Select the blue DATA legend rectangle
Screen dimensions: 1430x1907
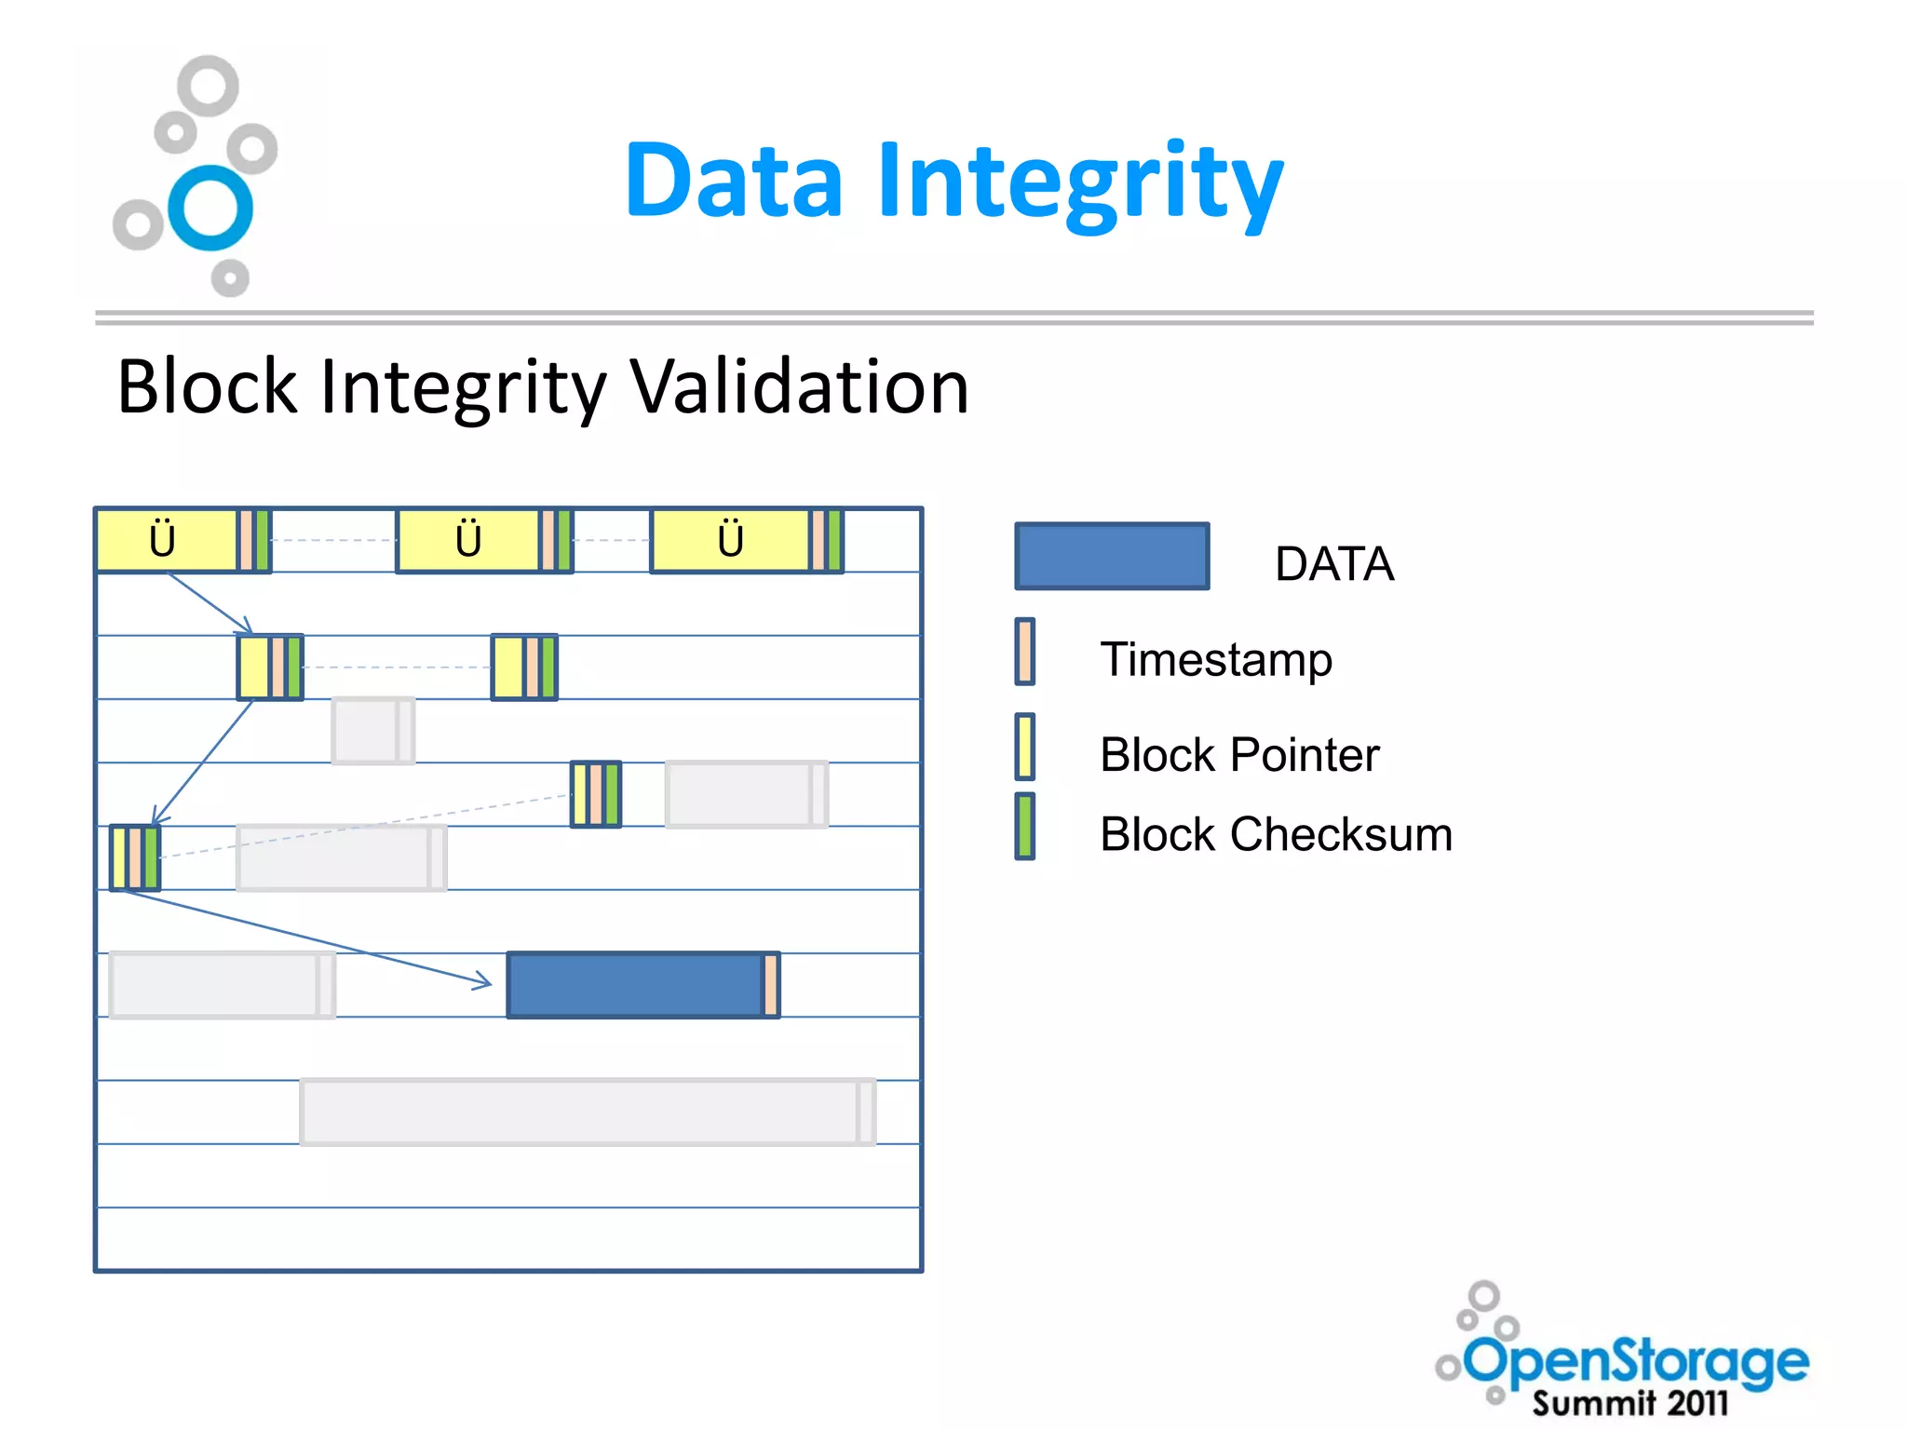click(1112, 556)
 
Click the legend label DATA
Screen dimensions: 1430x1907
click(1333, 564)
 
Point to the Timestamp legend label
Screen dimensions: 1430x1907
click(1215, 659)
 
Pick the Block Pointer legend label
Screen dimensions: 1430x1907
click(1238, 754)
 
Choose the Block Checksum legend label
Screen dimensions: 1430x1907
click(1275, 834)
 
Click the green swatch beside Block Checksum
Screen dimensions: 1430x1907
click(1024, 826)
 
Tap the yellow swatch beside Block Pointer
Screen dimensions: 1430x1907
click(1024, 746)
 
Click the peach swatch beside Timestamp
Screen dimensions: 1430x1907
click(1024, 652)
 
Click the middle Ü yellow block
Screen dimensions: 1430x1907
click(467, 540)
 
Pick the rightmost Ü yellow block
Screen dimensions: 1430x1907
click(730, 540)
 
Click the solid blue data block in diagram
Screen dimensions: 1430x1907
click(635, 985)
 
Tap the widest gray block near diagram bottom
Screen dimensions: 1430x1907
click(587, 1112)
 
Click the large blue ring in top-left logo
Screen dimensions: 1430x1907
click(210, 208)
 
